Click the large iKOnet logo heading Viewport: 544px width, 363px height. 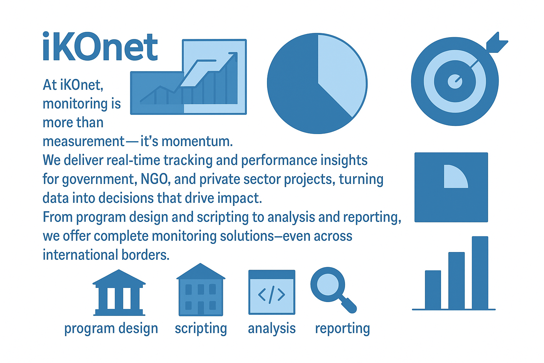click(x=100, y=46)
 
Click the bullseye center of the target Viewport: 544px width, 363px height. click(x=455, y=82)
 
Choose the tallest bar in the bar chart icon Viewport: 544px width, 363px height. click(x=480, y=273)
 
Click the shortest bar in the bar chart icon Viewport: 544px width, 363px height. click(x=433, y=290)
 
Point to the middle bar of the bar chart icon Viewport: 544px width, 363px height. click(x=456, y=280)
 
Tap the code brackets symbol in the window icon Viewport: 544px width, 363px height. click(x=272, y=295)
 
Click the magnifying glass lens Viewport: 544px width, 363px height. click(x=328, y=284)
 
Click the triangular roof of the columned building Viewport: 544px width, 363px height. click(x=119, y=277)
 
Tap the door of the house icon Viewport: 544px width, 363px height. click(x=201, y=308)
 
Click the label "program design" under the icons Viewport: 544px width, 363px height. click(x=111, y=329)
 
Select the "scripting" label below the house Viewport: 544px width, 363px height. click(x=201, y=329)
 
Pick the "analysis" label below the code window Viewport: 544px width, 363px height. click(x=272, y=329)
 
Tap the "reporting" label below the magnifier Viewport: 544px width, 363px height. click(x=342, y=329)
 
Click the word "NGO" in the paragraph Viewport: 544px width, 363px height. click(x=154, y=179)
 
